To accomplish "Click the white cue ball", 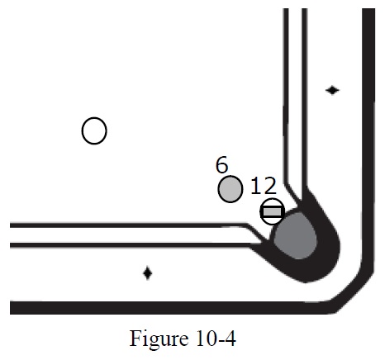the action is (94, 130).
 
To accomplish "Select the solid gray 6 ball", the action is (231, 189).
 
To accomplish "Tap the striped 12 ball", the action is (272, 211).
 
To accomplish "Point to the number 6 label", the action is (221, 164).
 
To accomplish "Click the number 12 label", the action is (264, 186).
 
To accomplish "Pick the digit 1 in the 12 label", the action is (255, 186).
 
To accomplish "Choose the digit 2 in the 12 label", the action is (269, 186).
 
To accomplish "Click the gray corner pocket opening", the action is (295, 236).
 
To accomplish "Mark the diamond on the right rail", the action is (332, 90).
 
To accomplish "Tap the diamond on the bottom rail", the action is (148, 273).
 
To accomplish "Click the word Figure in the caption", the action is (159, 339).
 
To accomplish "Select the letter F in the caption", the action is (135, 339).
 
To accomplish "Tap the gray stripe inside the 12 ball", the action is (272, 211).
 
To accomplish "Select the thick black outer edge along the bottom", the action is (171, 308).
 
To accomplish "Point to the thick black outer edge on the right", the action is (368, 138).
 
